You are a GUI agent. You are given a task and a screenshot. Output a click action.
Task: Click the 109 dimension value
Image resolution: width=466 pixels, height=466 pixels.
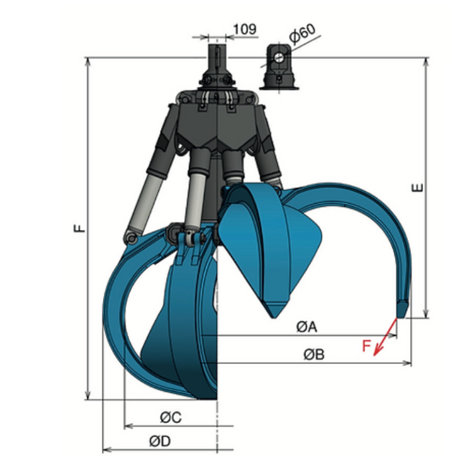(x=245, y=28)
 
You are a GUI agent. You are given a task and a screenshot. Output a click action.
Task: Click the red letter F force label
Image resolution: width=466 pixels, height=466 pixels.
(x=366, y=346)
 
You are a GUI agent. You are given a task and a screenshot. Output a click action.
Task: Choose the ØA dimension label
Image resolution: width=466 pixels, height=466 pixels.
(x=307, y=327)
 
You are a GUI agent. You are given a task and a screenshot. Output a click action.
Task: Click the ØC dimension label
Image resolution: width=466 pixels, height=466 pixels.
(x=171, y=417)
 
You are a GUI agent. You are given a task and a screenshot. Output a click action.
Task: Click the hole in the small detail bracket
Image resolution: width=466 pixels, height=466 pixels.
(x=278, y=57)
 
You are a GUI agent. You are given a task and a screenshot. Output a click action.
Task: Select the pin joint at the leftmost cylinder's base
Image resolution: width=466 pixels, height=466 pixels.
(x=129, y=237)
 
